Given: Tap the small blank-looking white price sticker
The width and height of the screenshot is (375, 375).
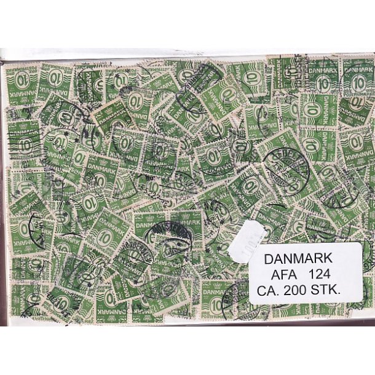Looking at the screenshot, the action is (x=247, y=240).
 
